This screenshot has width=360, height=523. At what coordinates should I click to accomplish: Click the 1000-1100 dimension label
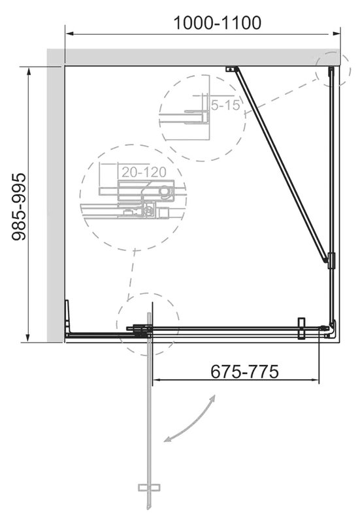pos(218,23)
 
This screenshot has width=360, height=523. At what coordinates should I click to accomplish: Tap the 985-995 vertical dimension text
pos(19,207)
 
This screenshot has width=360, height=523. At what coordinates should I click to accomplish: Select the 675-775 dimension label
pos(244,371)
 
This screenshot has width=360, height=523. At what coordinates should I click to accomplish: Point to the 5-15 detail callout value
pos(225,105)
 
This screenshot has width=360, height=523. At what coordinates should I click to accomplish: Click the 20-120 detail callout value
pos(144,172)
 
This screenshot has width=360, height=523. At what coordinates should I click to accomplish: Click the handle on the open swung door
pos(149,487)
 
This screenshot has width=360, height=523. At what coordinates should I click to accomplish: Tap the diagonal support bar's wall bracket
pos(231,69)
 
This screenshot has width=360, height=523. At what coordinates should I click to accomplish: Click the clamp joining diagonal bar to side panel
pos(331,261)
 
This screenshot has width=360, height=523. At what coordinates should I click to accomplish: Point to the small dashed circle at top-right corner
pos(333,69)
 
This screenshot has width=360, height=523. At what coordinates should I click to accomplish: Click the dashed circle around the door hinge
pos(148,324)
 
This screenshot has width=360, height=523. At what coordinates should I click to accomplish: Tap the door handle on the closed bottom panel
pos(302,328)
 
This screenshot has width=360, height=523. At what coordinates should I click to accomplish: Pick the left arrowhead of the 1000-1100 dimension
pos(69,34)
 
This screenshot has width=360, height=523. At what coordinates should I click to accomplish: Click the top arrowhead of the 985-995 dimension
pos(29,72)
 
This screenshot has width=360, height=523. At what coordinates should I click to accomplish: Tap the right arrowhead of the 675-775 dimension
pos(315,380)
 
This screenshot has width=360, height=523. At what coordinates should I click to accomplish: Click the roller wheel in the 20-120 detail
pos(164,191)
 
